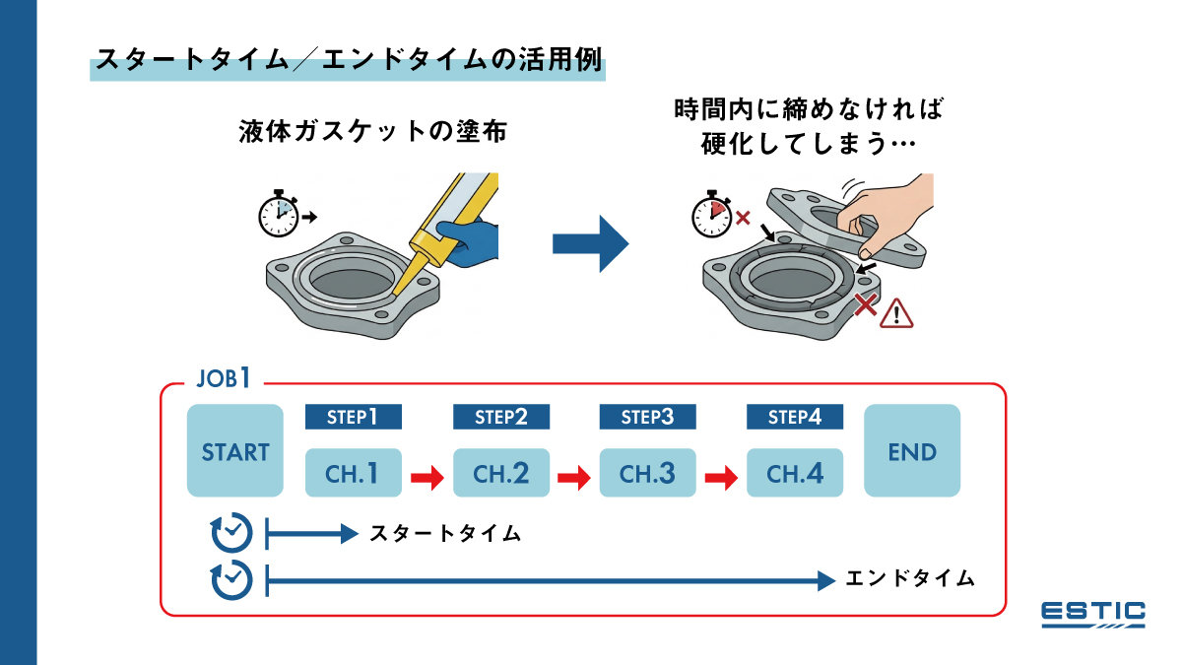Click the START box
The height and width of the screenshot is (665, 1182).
[x=234, y=451]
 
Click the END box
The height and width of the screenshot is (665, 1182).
[x=911, y=451]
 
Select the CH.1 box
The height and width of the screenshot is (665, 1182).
[x=353, y=474]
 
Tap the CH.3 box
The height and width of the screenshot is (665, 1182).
[x=647, y=474]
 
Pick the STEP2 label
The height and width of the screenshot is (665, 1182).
[x=500, y=417]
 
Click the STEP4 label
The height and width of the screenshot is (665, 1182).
[x=794, y=417]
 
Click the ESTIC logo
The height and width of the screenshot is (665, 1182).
[x=1093, y=614]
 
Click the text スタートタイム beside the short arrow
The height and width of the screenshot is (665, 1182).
[x=444, y=534]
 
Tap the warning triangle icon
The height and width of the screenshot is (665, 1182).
[x=897, y=313]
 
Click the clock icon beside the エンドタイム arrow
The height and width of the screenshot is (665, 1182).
[x=232, y=580]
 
